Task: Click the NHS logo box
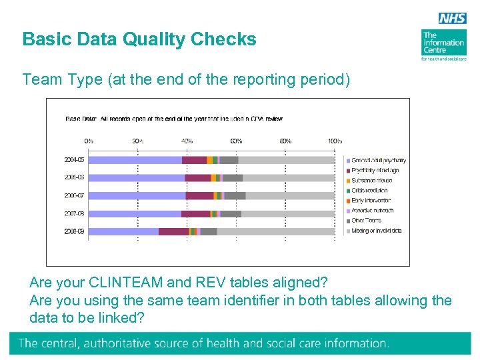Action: point(452,18)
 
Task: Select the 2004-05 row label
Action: point(74,160)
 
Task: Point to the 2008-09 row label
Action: point(74,231)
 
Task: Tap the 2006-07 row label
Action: point(74,196)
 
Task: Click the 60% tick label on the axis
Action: point(236,141)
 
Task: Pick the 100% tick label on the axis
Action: point(334,141)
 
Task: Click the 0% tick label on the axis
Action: point(89,141)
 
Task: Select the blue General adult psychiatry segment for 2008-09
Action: point(123,231)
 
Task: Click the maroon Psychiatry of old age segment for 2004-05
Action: point(194,160)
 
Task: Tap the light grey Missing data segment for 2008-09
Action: point(275,231)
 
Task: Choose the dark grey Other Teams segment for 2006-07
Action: point(235,196)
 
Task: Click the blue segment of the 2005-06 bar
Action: point(137,178)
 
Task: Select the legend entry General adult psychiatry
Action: point(378,161)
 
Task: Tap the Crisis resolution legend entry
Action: point(371,191)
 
